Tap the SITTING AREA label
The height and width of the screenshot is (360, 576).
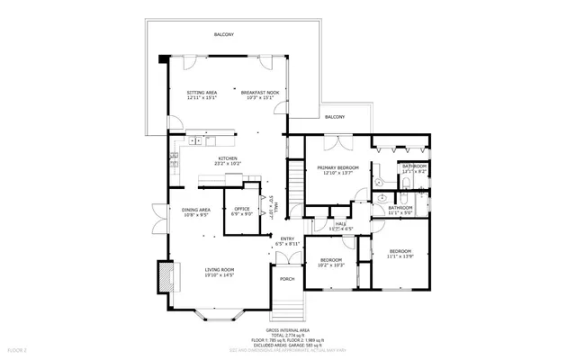pos(202,93)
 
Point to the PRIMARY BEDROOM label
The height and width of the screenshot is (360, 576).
pos(337,167)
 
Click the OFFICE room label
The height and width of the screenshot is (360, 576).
pos(242,209)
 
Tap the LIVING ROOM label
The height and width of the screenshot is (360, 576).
pos(220,269)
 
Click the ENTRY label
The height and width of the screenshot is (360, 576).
pos(287,238)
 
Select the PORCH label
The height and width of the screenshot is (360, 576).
pos(287,279)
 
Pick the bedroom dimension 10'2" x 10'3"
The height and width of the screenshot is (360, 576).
pos(331,265)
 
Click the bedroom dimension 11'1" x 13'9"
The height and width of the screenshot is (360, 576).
pos(400,256)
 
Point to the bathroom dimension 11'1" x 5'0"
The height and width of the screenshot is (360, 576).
pos(400,212)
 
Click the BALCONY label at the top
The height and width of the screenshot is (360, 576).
pos(224,34)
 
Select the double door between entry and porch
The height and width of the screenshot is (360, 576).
pos(287,257)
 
